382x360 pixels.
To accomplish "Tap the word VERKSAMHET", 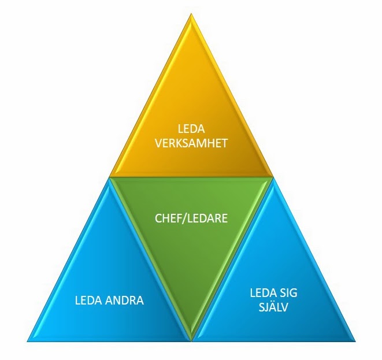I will (191, 143).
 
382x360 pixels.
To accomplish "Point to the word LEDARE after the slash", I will (207, 219).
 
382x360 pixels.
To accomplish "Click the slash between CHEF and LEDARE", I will (184, 219).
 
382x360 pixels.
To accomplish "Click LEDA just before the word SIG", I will (259, 293).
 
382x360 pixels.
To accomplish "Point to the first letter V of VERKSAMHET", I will (159, 143).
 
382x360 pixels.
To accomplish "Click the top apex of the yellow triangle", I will (191, 14).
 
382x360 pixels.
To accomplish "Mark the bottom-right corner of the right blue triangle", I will (355, 342).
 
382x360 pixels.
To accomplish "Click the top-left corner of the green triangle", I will (110, 177).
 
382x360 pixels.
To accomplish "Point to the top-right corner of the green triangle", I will (273, 177).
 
